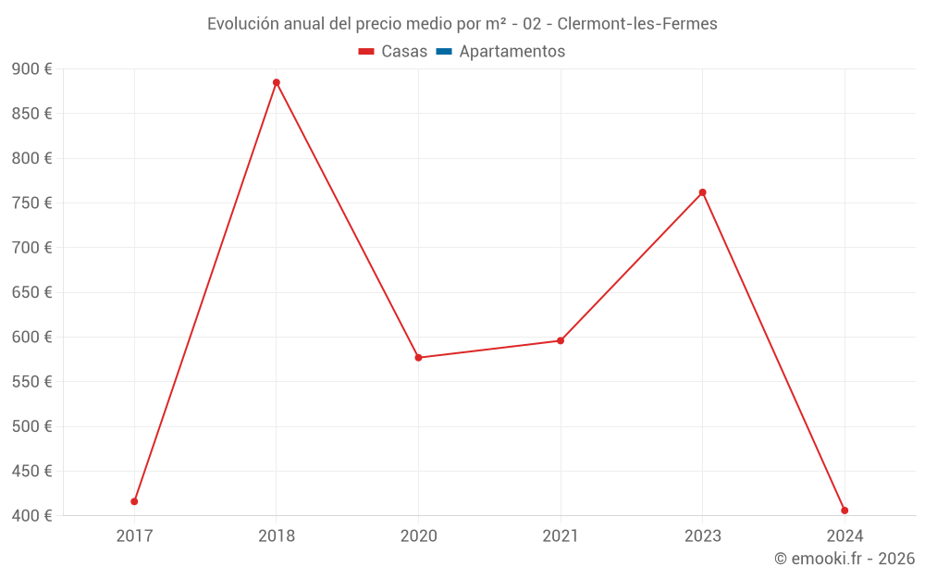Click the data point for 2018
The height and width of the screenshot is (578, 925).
[276, 82]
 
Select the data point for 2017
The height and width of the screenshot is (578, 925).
[134, 501]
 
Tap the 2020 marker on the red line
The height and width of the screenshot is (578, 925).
[418, 357]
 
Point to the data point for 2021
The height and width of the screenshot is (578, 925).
[561, 340]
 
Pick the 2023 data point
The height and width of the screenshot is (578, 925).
[702, 192]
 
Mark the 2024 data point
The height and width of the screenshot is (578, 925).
[845, 510]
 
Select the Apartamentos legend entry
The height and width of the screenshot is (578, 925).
[512, 52]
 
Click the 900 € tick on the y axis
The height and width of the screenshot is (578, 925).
[31, 69]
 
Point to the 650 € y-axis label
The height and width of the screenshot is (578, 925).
[31, 292]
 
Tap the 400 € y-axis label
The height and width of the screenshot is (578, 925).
[31, 515]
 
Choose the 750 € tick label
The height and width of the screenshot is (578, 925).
[31, 203]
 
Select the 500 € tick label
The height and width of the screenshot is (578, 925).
[31, 426]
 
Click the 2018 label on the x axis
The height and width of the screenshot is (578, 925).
[277, 535]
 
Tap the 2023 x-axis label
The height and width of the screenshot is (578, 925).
[702, 535]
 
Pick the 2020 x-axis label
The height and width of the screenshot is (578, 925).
[418, 535]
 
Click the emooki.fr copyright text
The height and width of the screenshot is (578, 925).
[844, 559]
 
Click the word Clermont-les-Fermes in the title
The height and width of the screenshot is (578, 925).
[637, 24]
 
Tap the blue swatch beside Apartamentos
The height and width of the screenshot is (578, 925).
[444, 52]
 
